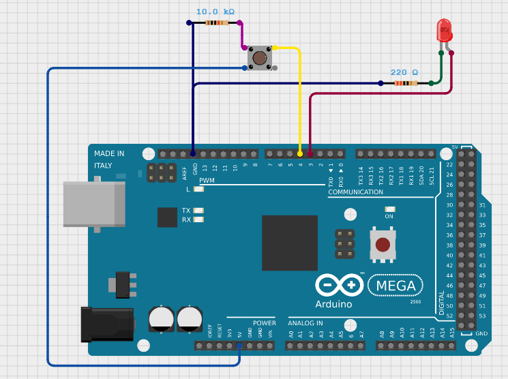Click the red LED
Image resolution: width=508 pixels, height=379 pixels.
444,31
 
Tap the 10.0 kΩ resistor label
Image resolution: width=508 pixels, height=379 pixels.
215,12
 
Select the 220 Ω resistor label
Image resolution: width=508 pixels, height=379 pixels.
404,72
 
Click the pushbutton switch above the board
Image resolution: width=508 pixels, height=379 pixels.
259,57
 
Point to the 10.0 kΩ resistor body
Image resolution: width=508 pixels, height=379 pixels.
216,22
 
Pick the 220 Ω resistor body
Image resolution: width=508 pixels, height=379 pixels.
406,83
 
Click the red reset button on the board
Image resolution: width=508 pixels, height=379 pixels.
383,245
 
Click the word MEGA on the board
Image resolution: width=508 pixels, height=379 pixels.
395,284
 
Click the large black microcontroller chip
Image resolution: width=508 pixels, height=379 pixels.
290,243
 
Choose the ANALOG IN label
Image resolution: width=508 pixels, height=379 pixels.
305,323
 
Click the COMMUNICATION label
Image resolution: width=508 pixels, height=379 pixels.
355,192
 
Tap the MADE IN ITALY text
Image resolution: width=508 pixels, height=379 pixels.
108,160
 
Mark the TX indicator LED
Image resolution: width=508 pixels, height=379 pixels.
198,211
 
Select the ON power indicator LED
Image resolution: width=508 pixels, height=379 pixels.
390,209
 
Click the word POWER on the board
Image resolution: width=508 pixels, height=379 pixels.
264,323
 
